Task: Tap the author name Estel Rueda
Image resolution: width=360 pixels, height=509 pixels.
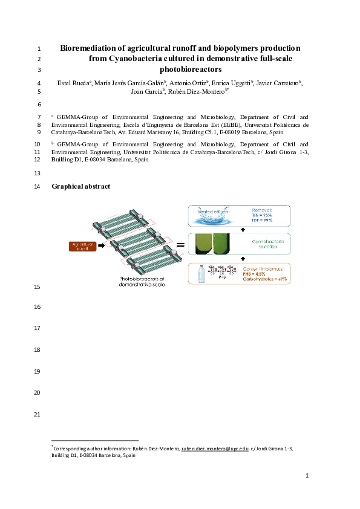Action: pos(71,82)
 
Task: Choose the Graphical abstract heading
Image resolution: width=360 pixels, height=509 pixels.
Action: pos(81,186)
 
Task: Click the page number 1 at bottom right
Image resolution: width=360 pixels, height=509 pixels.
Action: pos(307,476)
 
